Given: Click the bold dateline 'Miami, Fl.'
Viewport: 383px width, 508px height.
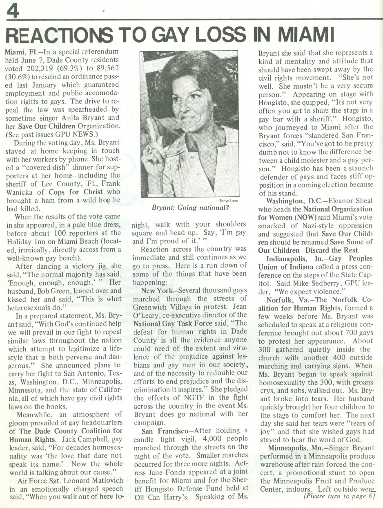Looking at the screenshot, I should [x=20, y=52].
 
